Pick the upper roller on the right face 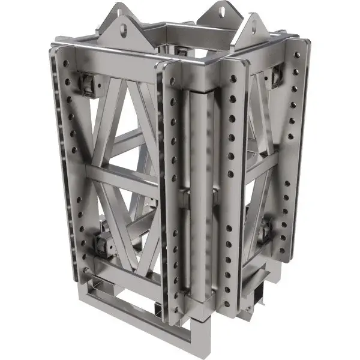[x=277, y=74]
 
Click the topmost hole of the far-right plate [x=296, y=55]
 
